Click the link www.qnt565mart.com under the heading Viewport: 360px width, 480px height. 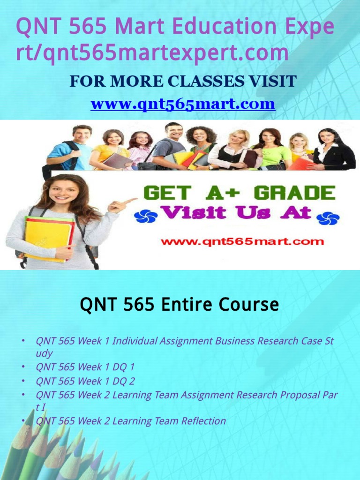coord(182,104)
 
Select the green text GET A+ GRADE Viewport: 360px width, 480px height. coord(239,193)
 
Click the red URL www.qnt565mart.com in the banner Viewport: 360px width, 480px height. coord(242,242)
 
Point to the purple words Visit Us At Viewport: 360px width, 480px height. coord(236,213)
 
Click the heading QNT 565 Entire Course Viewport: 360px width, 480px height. coord(180,305)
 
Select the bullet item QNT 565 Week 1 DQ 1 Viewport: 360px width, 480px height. coord(85,367)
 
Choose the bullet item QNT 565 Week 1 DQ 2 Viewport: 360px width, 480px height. coord(85,381)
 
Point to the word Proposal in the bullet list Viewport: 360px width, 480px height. coord(299,395)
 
